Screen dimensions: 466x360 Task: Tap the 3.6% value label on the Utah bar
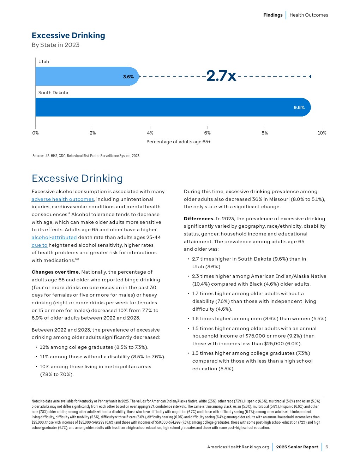[x=128, y=77]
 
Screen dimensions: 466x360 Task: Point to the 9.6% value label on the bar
[x=299, y=107]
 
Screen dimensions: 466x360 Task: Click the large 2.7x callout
[x=221, y=76]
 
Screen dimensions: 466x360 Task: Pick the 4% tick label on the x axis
[x=150, y=133]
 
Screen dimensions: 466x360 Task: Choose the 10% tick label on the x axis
[x=322, y=133]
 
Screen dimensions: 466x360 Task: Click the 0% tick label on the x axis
[x=35, y=133]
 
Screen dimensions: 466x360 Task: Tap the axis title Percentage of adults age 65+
[x=178, y=142]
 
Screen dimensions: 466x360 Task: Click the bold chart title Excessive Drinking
[x=68, y=35]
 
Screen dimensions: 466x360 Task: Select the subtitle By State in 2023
[x=55, y=45]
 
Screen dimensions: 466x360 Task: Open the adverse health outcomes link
[x=63, y=199]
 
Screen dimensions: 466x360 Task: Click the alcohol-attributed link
[x=54, y=237]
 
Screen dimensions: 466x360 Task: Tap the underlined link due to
[x=39, y=245]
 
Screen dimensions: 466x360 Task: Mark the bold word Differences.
[x=199, y=219]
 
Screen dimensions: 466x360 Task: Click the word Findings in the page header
[x=273, y=15]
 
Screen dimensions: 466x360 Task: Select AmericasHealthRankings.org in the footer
[x=238, y=447]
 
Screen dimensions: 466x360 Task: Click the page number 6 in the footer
[x=327, y=447]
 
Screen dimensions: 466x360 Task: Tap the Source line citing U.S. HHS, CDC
[x=86, y=156]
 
